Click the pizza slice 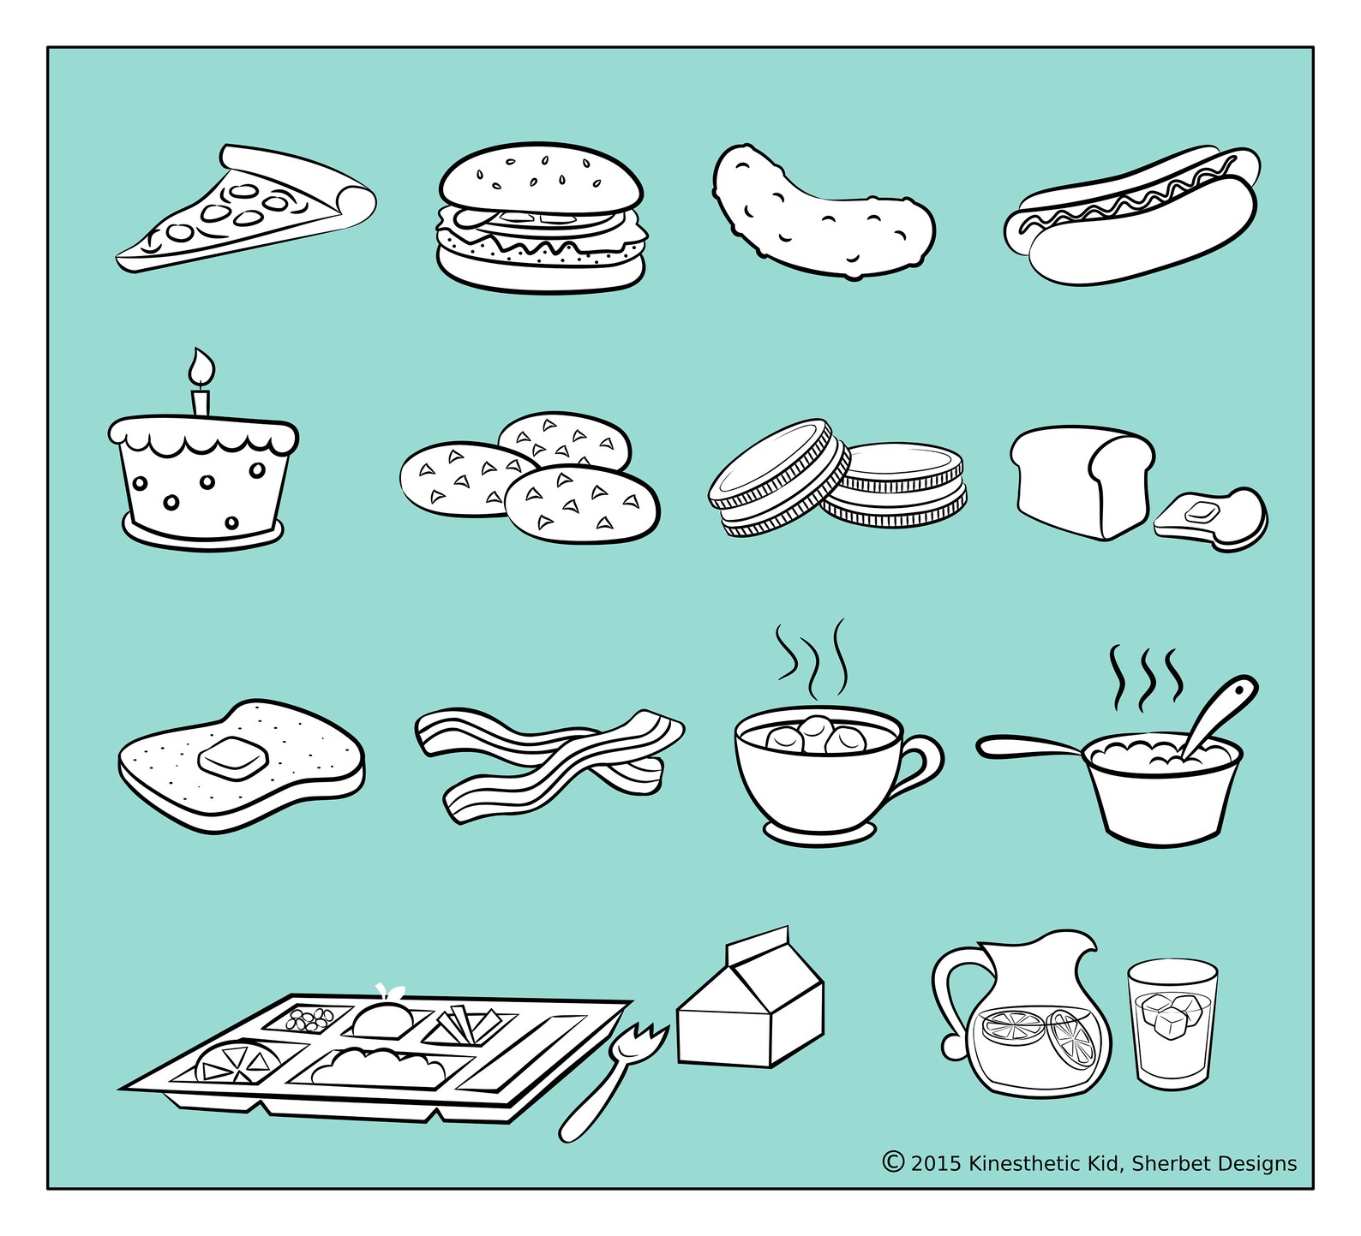tap(249, 214)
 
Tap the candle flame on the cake tap(201, 366)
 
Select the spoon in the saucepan tap(1217, 710)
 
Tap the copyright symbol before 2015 tap(893, 1161)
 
